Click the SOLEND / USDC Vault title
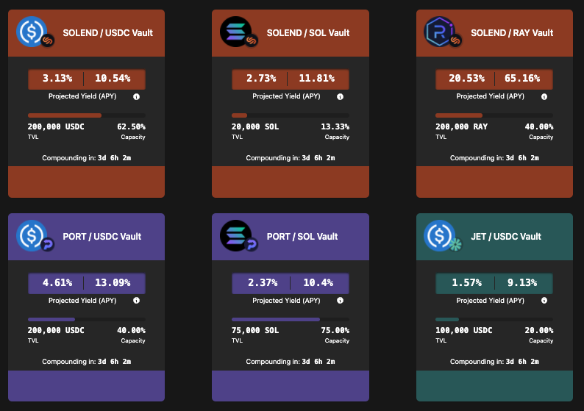point(107,33)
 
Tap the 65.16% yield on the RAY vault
point(522,78)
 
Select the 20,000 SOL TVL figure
point(255,126)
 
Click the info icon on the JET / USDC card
point(544,301)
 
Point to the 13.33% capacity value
point(335,126)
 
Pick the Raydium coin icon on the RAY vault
point(440,32)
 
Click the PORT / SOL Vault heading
point(302,237)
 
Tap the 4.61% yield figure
point(57,282)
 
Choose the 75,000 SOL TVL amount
point(255,330)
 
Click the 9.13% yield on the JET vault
point(522,282)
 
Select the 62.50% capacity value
point(131,126)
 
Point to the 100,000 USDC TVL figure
point(463,330)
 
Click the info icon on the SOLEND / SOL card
point(340,97)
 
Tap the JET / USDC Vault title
point(506,237)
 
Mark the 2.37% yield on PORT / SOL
point(263,282)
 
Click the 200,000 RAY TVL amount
point(461,126)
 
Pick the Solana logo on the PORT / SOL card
point(235,235)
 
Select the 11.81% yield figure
point(316,78)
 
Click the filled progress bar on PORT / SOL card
point(276,319)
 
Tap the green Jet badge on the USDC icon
point(455,245)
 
